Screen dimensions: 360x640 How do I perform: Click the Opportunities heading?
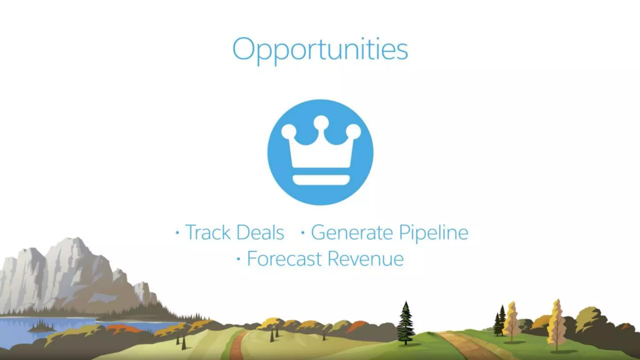pos(320,50)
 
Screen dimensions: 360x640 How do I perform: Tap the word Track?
pos(208,232)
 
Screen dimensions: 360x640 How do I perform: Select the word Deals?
pos(260,232)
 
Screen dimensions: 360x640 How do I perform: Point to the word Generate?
pos(352,232)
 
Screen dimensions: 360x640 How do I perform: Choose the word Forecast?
pos(284,259)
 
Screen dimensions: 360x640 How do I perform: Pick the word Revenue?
pos(365,259)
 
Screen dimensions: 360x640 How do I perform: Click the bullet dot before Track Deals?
pos(177,233)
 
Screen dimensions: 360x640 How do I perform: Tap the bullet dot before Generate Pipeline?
pos(302,233)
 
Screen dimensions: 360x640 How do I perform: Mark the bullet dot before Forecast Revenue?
pos(239,259)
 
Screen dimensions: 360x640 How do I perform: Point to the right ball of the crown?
pos(353,131)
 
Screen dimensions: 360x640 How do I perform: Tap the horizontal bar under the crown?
pos(321,180)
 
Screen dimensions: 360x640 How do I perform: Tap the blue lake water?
pos(19,331)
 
